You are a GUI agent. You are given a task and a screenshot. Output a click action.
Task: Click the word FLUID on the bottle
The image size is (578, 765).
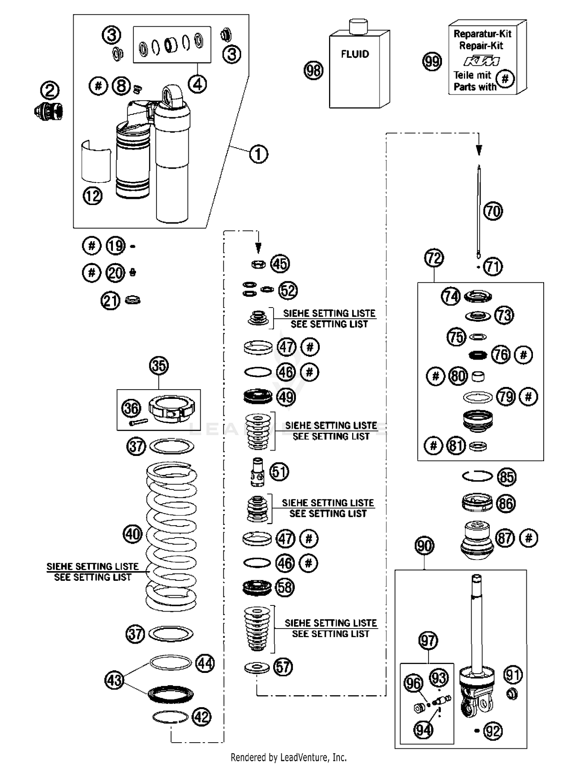[x=355, y=54]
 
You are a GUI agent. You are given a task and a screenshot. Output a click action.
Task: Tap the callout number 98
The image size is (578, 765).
[x=314, y=71]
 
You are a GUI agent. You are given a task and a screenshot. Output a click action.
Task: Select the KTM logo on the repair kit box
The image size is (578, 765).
[x=481, y=61]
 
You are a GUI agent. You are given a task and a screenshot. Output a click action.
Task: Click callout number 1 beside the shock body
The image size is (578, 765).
[x=258, y=154]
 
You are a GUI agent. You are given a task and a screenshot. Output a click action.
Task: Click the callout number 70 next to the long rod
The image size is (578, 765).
[x=493, y=211]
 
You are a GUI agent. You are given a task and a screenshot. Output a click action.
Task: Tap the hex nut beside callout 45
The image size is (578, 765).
[x=258, y=264]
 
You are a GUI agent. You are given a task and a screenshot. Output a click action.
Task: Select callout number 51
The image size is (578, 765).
[x=279, y=471]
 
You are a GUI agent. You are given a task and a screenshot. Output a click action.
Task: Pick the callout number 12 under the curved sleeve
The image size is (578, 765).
[x=92, y=196]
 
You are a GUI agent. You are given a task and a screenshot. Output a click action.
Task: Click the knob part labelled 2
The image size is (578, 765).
[x=49, y=111]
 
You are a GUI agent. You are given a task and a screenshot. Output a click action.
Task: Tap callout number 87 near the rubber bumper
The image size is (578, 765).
[x=506, y=538]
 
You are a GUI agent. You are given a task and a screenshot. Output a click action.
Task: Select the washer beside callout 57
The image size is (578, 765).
[x=257, y=667]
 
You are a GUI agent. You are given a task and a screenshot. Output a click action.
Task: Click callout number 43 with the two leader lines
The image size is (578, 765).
[x=114, y=680]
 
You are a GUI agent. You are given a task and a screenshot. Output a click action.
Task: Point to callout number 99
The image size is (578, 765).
[x=432, y=62]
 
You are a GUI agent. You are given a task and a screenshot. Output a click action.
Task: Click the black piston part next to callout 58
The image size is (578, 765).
[x=257, y=587]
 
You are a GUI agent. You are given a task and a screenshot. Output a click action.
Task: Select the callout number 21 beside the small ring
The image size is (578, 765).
[x=111, y=301]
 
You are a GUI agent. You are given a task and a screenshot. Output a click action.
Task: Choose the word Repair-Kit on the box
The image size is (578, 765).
[x=481, y=45]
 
